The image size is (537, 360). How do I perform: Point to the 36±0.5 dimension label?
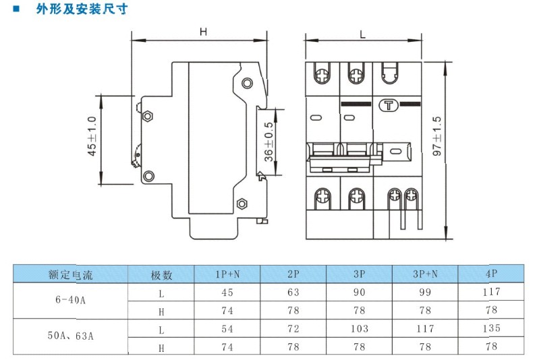(x=268, y=142)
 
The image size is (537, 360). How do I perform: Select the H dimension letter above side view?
(x=202, y=32)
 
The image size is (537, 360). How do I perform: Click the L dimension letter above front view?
(x=364, y=32)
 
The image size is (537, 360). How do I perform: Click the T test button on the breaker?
(x=389, y=104)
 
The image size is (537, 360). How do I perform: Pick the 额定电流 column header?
(x=70, y=275)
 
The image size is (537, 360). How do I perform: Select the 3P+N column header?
(x=425, y=274)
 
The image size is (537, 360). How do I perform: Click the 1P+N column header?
(x=227, y=274)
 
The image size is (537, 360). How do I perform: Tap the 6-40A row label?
(x=70, y=301)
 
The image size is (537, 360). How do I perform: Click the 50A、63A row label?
(x=70, y=337)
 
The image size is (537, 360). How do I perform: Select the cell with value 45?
(x=227, y=293)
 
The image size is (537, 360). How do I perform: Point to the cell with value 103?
(x=359, y=328)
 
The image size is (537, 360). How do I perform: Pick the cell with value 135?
(x=491, y=328)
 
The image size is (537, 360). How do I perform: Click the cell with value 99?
(x=425, y=293)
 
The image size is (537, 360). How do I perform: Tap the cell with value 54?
(x=227, y=328)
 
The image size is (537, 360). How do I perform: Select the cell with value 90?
(x=359, y=293)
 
